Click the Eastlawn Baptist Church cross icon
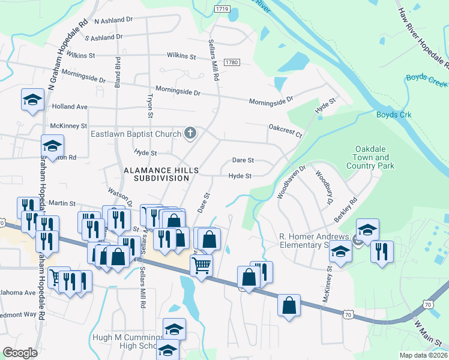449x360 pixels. tap(190, 133)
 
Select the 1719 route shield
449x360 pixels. tap(222, 9)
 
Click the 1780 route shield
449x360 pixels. tap(233, 62)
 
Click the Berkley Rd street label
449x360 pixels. tap(346, 210)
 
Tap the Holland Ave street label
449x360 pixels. tap(70, 107)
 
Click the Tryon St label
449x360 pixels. tap(151, 106)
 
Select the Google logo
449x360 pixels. tap(20, 353)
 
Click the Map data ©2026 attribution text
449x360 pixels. tap(423, 355)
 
